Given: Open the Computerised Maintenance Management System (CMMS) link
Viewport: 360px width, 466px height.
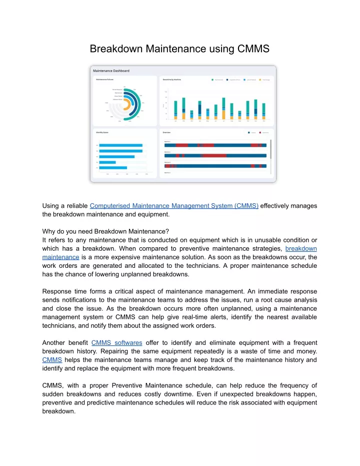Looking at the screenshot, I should click(x=174, y=205).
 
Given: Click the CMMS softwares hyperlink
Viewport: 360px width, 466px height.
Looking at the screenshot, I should click(x=117, y=343).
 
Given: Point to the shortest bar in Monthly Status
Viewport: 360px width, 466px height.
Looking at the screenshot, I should click(x=107, y=162).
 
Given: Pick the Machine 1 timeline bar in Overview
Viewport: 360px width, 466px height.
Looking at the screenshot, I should click(x=217, y=145).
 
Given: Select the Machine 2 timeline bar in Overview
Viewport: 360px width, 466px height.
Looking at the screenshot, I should click(x=217, y=156).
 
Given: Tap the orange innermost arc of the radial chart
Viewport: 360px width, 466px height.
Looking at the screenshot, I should click(x=126, y=104).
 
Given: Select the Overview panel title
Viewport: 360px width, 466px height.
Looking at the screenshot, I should click(x=167, y=133).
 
